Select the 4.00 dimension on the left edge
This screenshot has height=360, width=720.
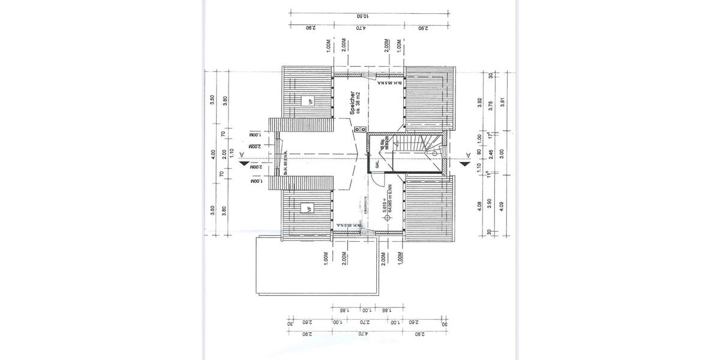(212, 154)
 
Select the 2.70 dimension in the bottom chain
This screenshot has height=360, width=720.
(362, 322)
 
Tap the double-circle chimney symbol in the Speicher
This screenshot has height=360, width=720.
(357, 128)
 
